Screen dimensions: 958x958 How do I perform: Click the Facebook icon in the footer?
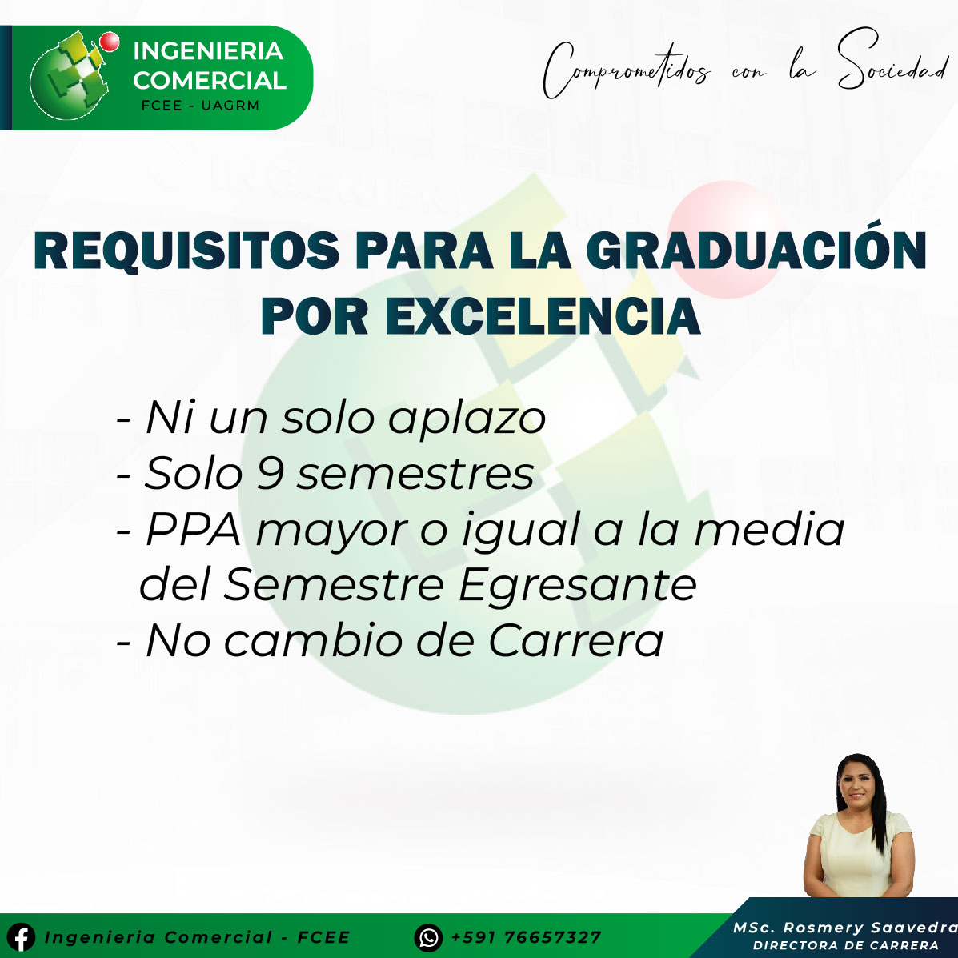point(22,936)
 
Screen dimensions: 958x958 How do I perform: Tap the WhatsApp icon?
point(428,937)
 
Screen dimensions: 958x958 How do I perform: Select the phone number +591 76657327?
point(526,937)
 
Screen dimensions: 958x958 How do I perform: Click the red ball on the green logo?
point(110,41)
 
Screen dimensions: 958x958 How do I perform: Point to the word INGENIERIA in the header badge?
point(208,51)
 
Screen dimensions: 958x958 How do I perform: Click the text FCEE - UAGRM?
point(200,105)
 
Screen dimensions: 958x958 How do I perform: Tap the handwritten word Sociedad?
point(892,61)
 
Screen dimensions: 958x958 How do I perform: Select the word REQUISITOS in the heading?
point(186,251)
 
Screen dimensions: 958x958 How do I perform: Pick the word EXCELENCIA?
point(543,316)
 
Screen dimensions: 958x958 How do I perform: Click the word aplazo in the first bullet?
point(467,420)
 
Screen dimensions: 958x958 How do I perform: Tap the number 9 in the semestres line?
point(270,473)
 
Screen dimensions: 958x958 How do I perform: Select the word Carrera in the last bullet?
point(575,641)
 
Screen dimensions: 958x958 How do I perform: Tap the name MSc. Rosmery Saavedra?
point(845,928)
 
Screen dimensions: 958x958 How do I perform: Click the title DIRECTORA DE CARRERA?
point(846,945)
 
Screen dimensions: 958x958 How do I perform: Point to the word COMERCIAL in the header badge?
point(210,81)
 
